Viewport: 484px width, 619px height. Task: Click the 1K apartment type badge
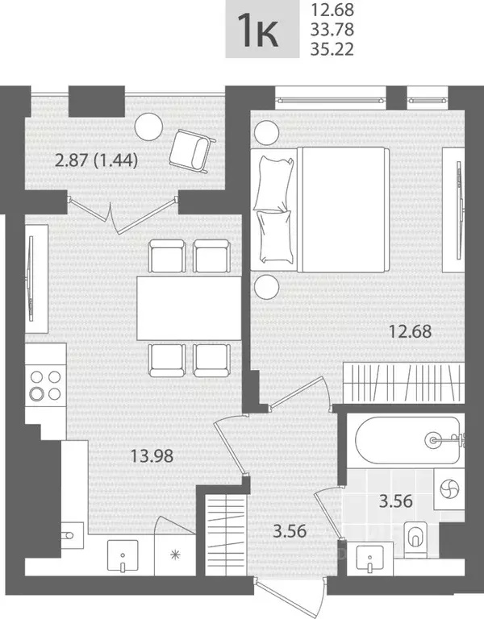(x=262, y=29)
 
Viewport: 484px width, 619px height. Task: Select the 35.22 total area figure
(x=332, y=49)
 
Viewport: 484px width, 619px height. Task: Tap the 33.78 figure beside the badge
(x=332, y=30)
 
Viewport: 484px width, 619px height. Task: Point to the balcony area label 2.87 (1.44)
(x=96, y=160)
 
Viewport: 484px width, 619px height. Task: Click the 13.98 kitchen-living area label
(x=152, y=456)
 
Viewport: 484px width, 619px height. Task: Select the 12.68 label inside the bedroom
(x=410, y=331)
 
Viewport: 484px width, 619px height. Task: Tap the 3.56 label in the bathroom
(x=396, y=501)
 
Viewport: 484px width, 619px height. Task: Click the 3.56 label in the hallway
(x=290, y=531)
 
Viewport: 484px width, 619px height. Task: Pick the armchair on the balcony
(x=193, y=152)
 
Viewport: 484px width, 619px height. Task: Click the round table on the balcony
(x=148, y=127)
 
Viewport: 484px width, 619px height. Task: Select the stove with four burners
(x=45, y=386)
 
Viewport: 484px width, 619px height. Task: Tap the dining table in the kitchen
(x=190, y=308)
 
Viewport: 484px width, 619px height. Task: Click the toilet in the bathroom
(x=415, y=540)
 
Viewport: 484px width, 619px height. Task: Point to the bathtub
(x=408, y=440)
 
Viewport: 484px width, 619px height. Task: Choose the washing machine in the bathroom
(x=449, y=489)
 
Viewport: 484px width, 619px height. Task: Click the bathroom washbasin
(x=369, y=559)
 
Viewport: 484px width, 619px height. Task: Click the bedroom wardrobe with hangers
(x=403, y=384)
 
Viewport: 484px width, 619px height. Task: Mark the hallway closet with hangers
(x=227, y=534)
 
